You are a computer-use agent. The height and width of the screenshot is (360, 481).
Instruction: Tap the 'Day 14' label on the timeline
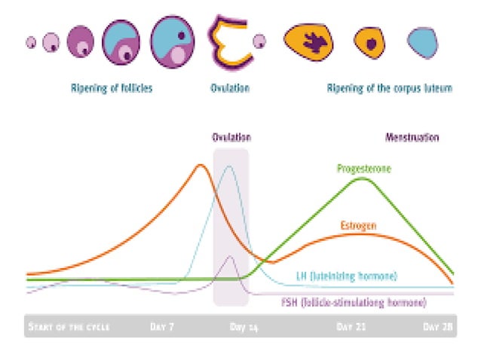point(242,328)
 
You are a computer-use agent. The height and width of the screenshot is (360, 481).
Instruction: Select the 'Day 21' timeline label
point(351,328)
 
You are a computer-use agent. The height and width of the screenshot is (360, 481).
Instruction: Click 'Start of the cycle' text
point(69,328)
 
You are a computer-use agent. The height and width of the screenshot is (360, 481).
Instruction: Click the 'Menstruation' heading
point(412,138)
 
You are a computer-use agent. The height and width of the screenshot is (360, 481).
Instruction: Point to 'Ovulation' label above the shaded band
point(231,138)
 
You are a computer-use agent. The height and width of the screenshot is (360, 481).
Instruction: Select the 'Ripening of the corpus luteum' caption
point(389,88)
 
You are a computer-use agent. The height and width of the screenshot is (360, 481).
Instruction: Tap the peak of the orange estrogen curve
point(200,165)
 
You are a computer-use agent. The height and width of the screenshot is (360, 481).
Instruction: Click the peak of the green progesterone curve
point(363,178)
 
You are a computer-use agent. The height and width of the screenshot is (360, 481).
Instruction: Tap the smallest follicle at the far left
point(31,42)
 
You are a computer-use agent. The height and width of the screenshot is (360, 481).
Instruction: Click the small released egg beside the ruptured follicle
point(259,41)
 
